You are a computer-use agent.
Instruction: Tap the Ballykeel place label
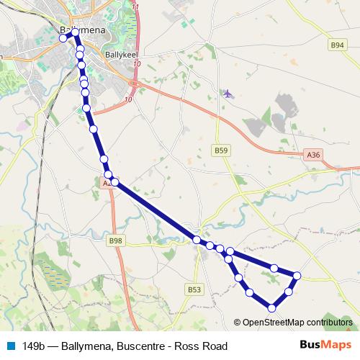pyautogui.click(x=120, y=53)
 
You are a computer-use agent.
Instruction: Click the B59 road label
pyautogui.click(x=221, y=150)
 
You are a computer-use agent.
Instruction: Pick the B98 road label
pyautogui.click(x=115, y=240)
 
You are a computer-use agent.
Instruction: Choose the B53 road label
pyautogui.click(x=194, y=289)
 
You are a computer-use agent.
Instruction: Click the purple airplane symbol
pyautogui.click(x=228, y=94)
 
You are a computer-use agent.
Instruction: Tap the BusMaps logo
pyautogui.click(x=330, y=346)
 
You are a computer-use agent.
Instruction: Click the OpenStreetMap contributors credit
pyautogui.click(x=296, y=323)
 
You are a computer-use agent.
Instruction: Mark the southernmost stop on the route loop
pyautogui.click(x=271, y=308)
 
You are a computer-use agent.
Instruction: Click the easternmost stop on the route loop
pyautogui.click(x=297, y=274)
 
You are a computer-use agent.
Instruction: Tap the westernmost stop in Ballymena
pyautogui.click(x=63, y=38)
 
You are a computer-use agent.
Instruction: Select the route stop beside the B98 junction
pyautogui.click(x=197, y=239)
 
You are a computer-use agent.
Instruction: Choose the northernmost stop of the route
pyautogui.click(x=76, y=32)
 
